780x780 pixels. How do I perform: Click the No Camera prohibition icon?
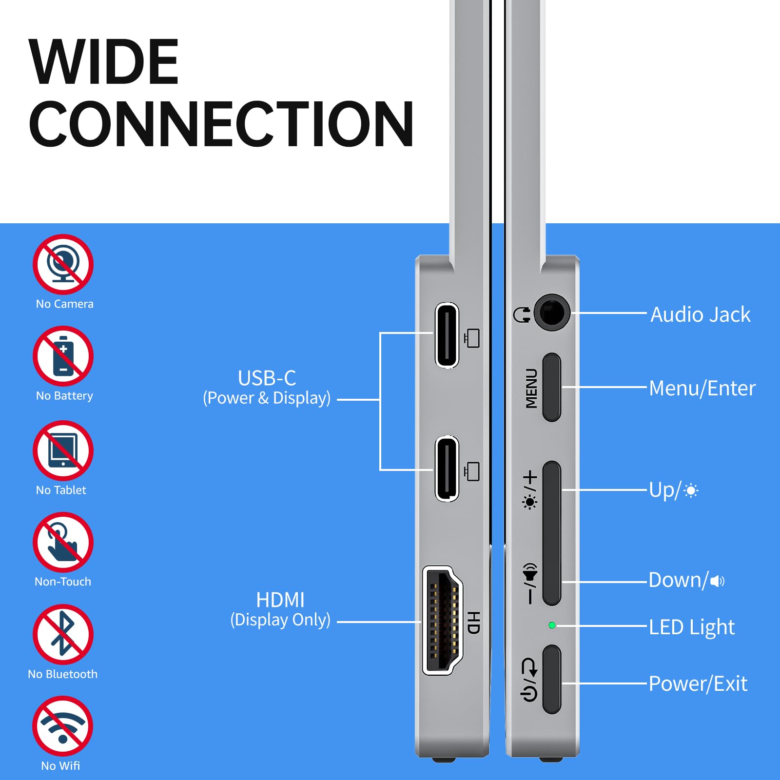point(63,264)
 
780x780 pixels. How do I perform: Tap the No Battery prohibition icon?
point(63,356)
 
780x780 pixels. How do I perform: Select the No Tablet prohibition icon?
point(63,450)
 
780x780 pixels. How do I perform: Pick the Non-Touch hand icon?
point(63,542)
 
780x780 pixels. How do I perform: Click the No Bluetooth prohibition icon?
point(63,634)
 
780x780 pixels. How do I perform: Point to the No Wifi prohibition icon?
point(63,726)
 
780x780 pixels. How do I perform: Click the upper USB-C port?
point(447,335)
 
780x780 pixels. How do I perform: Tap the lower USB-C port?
point(447,469)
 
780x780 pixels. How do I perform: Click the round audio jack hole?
point(552,312)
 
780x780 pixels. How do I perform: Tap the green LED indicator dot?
point(552,625)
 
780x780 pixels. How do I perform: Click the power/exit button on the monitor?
point(552,679)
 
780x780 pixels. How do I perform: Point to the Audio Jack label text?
point(701,315)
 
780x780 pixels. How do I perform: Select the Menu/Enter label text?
point(702,389)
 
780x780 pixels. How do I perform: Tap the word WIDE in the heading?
point(104,62)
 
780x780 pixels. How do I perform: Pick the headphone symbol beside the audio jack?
point(522,314)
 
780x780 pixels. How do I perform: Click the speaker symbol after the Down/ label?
point(717,581)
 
